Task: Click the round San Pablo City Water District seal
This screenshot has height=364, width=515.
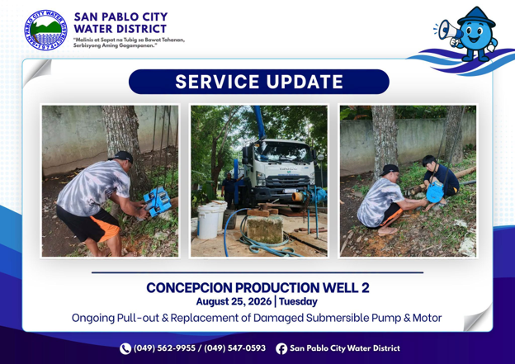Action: [45, 31]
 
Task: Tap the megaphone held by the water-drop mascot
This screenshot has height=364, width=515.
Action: [449, 31]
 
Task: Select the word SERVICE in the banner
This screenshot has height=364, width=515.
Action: [217, 82]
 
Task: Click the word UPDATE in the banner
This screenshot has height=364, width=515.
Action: [305, 82]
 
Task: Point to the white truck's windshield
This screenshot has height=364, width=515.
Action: [283, 152]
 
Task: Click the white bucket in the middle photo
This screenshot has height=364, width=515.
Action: [208, 220]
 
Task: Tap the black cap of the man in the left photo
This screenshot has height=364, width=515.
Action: [122, 156]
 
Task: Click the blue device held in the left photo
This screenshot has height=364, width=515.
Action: [157, 201]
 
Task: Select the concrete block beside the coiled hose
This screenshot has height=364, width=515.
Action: [265, 229]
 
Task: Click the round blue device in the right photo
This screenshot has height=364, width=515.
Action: [435, 192]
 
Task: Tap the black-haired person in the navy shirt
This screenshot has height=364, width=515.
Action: [439, 179]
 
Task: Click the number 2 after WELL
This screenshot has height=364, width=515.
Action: [366, 288]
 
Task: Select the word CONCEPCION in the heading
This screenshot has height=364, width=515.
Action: [189, 288]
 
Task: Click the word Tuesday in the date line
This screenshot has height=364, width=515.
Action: [298, 301]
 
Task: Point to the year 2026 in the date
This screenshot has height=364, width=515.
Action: [260, 301]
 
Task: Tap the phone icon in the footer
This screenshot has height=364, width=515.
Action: [125, 348]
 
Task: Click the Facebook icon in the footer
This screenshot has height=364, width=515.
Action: [281, 348]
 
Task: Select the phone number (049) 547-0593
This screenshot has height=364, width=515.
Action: [235, 348]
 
